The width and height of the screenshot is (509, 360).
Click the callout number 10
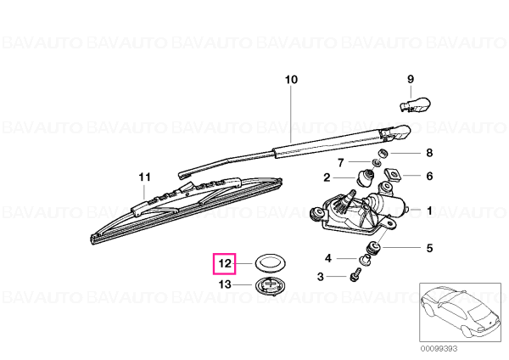pyautogui.click(x=291, y=80)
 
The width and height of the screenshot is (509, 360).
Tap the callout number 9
pyautogui.click(x=411, y=79)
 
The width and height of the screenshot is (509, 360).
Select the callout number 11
pyautogui.click(x=144, y=177)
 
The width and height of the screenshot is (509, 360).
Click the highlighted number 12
pyautogui.click(x=225, y=263)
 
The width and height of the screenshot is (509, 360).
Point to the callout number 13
pyautogui.click(x=225, y=284)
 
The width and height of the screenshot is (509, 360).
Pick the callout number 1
pyautogui.click(x=429, y=211)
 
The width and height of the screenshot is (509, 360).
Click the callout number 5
pyautogui.click(x=429, y=248)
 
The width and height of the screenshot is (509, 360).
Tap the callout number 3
pyautogui.click(x=321, y=277)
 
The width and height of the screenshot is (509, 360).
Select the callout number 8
pyautogui.click(x=429, y=152)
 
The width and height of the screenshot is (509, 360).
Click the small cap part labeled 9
pyautogui.click(x=415, y=104)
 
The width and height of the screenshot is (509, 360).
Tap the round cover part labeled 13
pyautogui.click(x=269, y=286)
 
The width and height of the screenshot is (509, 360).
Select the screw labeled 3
pyautogui.click(x=355, y=274)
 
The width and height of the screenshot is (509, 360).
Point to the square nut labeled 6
pyautogui.click(x=393, y=174)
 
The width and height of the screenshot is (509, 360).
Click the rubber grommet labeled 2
pyautogui.click(x=365, y=177)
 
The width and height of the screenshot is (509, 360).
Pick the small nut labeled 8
pyautogui.click(x=383, y=153)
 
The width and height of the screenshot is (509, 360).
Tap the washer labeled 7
pyautogui.click(x=376, y=161)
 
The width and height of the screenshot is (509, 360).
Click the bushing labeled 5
pyautogui.click(x=372, y=248)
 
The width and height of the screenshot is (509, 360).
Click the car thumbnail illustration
pyautogui.click(x=460, y=312)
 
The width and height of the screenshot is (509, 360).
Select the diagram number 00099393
pyautogui.click(x=439, y=349)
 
